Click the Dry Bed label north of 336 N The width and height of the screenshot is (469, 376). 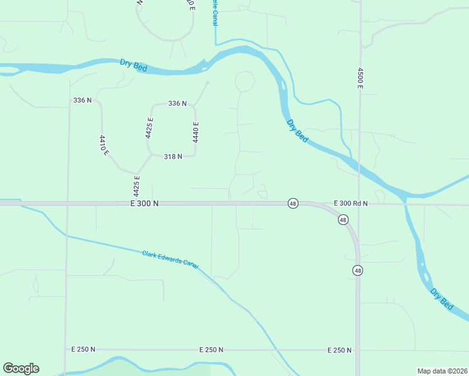133,65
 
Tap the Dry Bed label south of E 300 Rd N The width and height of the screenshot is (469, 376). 441,298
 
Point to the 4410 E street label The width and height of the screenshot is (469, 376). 104,145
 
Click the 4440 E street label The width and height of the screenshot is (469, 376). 196,132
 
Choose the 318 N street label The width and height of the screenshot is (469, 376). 172,157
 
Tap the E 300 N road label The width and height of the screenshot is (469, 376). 145,204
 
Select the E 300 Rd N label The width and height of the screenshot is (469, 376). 350,204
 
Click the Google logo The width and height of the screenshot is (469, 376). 21,368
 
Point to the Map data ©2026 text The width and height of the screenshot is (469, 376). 441,370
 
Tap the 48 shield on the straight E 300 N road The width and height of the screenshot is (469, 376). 293,204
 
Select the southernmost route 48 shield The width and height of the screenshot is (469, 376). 357,271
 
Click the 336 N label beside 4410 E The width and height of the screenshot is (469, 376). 82,100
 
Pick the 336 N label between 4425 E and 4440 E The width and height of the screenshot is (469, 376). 177,103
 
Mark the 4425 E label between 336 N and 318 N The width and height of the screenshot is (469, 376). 150,128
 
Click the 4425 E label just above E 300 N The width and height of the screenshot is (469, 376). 136,185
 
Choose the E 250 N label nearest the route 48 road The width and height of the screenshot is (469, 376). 339,350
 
